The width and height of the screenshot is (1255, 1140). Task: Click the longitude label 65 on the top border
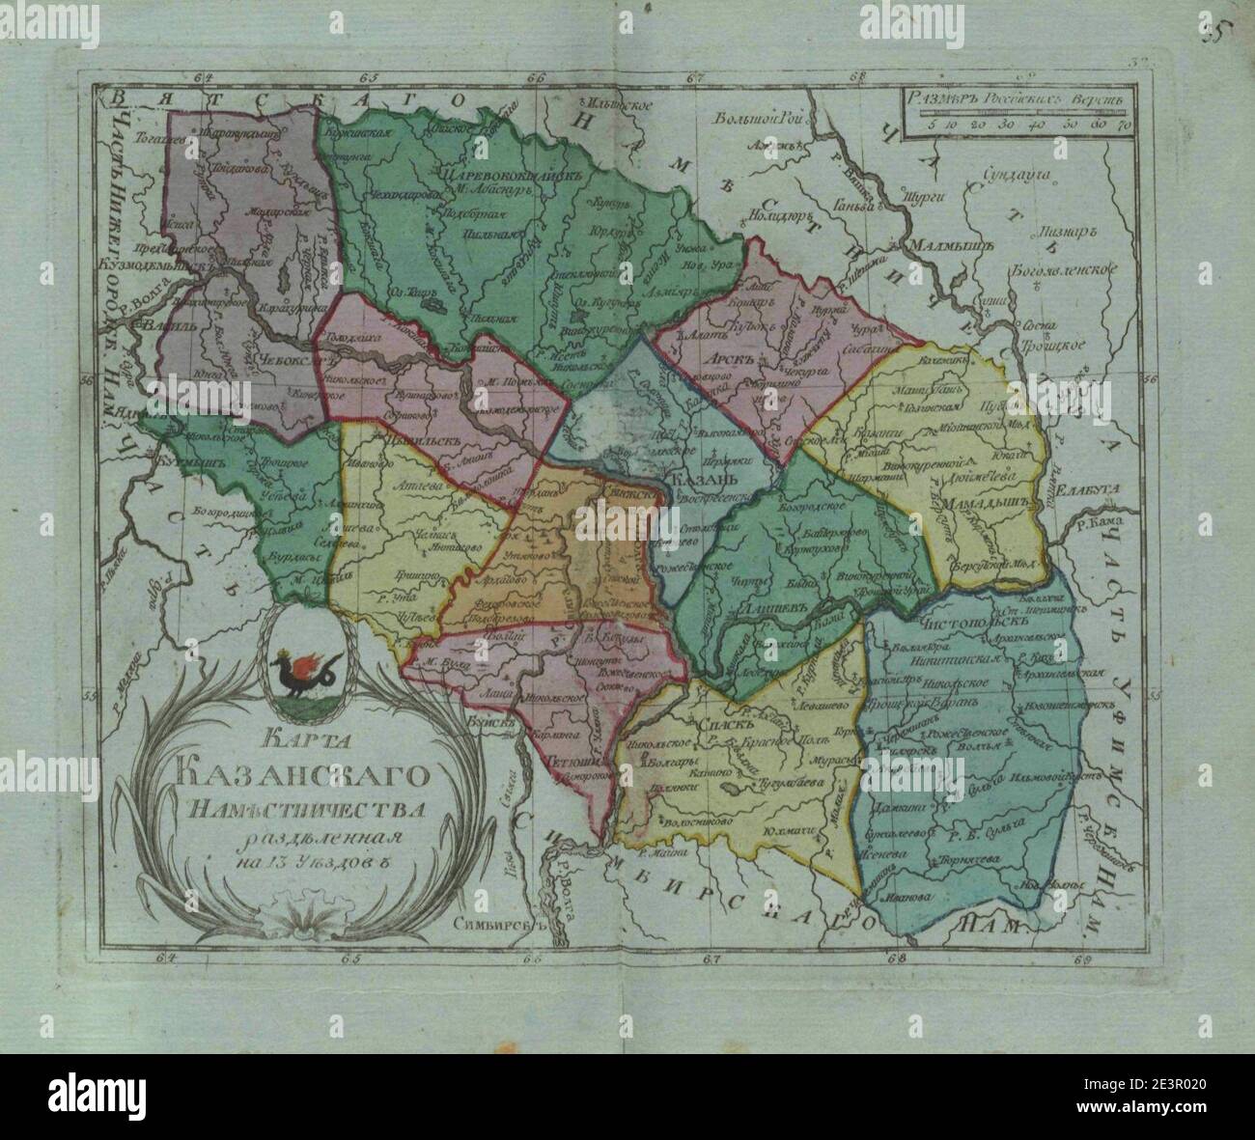(368, 78)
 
